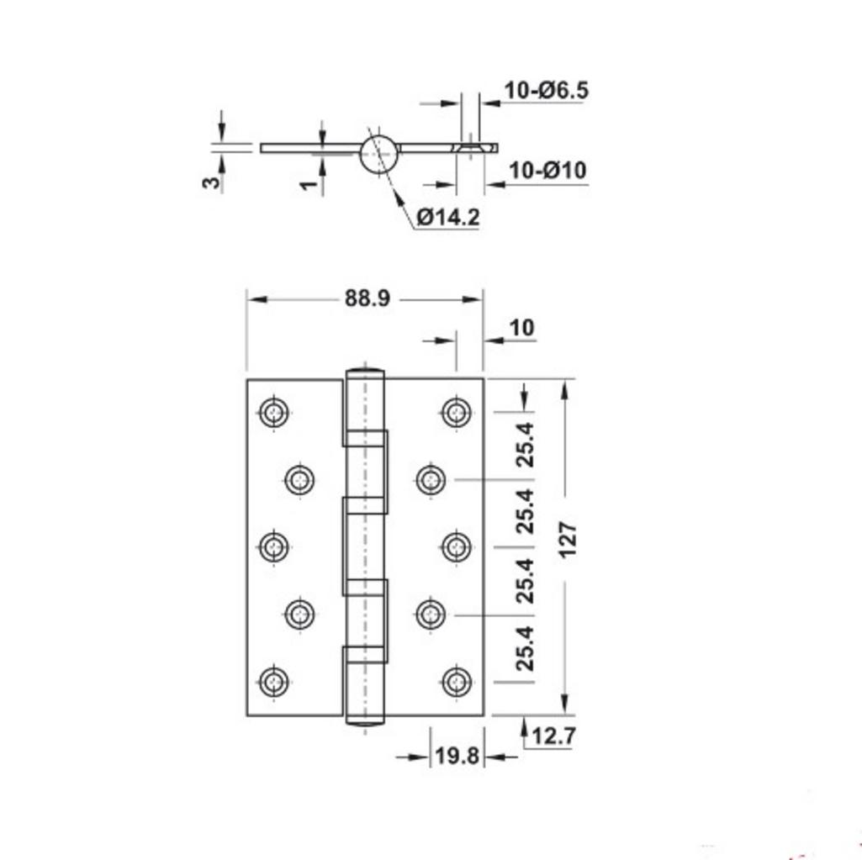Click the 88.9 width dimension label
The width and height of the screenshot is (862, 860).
[367, 298]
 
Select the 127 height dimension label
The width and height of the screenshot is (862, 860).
[568, 542]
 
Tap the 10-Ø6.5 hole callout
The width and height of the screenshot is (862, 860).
[546, 90]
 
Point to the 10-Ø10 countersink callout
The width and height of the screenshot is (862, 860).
[547, 170]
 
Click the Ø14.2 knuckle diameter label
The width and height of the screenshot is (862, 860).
[447, 217]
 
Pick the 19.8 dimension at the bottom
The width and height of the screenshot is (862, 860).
[457, 756]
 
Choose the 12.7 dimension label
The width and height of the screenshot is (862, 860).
[553, 736]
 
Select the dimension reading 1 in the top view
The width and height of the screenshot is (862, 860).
[309, 185]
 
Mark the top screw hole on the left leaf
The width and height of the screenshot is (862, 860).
[274, 412]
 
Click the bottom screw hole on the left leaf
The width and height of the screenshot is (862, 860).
[274, 682]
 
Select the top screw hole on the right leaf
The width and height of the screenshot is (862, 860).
[456, 412]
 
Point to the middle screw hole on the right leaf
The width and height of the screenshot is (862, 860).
[456, 547]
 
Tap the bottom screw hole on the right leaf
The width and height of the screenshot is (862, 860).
[456, 682]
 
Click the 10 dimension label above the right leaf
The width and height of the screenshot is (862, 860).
[521, 327]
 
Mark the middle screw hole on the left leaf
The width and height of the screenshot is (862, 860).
[274, 547]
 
